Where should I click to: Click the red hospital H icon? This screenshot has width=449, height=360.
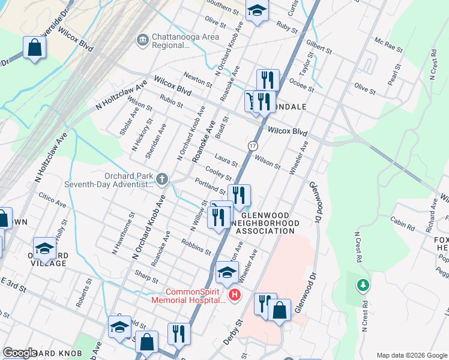[x=235, y=295]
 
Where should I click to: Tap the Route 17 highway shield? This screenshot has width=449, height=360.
[x=253, y=146]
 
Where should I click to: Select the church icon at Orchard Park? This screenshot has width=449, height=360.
[x=162, y=179]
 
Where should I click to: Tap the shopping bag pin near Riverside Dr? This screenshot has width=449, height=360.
[x=35, y=47]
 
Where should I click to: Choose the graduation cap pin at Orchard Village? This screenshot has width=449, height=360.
[x=44, y=248]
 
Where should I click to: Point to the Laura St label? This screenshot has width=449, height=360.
[x=226, y=160]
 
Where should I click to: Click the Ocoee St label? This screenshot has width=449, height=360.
[x=301, y=85]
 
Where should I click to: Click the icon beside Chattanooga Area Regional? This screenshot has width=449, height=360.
[x=142, y=40]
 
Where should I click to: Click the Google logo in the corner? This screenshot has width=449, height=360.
[x=20, y=353]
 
